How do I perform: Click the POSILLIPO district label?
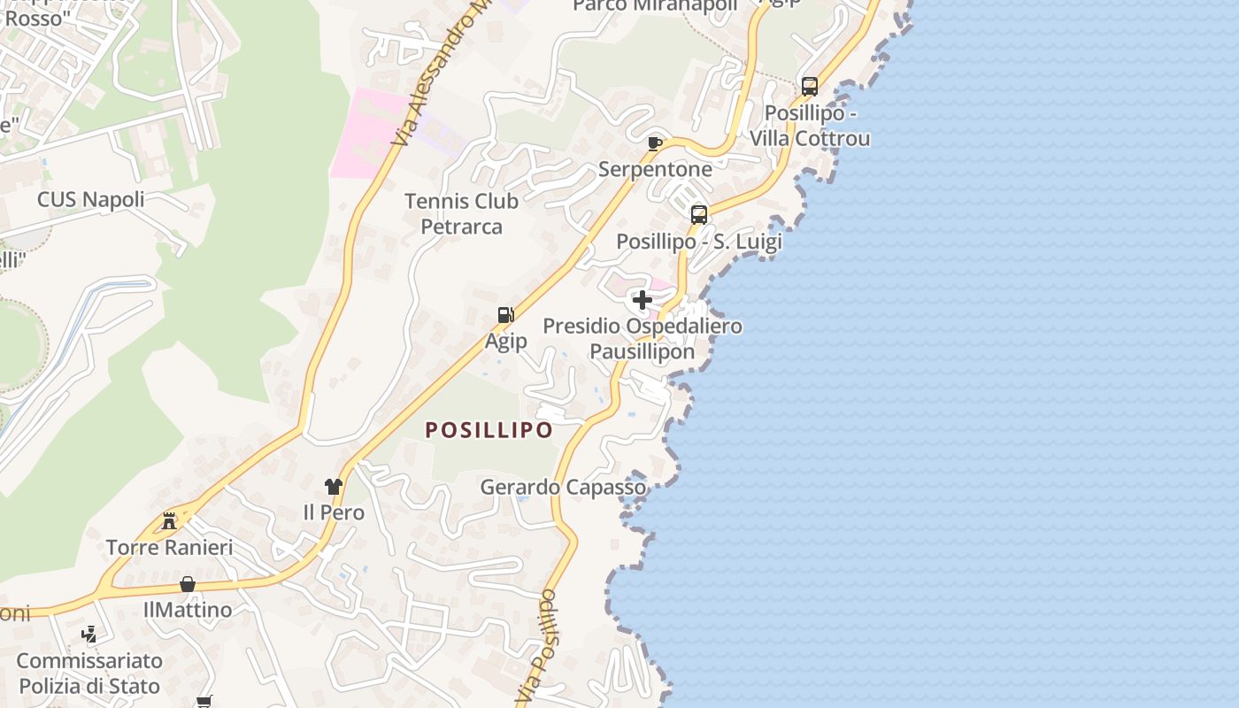click(x=489, y=430)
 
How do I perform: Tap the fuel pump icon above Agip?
click(x=505, y=315)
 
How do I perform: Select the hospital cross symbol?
click(x=643, y=300)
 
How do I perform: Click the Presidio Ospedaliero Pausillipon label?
click(x=643, y=339)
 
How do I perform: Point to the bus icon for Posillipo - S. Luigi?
click(x=699, y=214)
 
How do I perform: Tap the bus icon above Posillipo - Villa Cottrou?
click(x=810, y=87)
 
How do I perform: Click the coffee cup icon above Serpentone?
click(x=655, y=143)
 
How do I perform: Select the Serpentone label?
click(x=655, y=169)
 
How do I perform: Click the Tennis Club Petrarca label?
click(x=461, y=213)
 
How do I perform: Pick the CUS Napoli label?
click(x=90, y=199)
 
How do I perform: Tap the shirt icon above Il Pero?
click(x=334, y=486)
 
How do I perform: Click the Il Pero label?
click(x=334, y=512)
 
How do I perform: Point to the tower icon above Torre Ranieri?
click(x=169, y=520)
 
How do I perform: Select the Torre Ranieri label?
click(x=169, y=547)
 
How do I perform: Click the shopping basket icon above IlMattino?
click(x=188, y=584)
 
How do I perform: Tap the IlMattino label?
click(x=188, y=610)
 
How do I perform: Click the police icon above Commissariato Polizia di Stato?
click(x=88, y=634)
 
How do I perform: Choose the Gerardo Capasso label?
click(x=563, y=487)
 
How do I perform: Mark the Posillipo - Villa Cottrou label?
click(x=810, y=127)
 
